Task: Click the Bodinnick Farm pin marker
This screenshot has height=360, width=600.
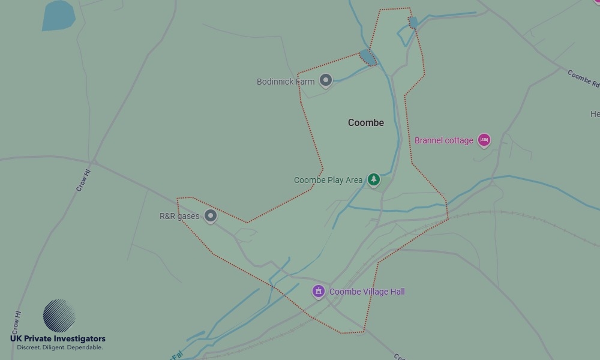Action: (325, 80)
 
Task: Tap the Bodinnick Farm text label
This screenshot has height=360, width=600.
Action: (286, 82)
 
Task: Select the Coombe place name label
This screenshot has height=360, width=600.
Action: (366, 122)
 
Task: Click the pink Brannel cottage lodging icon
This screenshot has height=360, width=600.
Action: (484, 140)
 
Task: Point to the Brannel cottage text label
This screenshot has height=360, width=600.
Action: (444, 140)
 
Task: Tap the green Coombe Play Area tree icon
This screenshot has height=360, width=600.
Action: (374, 179)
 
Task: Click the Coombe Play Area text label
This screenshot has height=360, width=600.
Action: (328, 180)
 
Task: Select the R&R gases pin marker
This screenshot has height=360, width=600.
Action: (210, 216)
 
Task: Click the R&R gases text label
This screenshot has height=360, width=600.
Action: (179, 216)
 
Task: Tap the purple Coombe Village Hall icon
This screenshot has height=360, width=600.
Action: (318, 292)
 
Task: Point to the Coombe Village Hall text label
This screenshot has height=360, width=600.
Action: (367, 292)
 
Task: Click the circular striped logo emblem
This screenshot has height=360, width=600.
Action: (59, 316)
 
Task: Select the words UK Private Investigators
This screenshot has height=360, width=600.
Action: (58, 339)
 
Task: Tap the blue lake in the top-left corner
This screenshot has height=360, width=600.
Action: (58, 15)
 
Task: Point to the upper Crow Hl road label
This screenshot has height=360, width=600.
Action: (83, 179)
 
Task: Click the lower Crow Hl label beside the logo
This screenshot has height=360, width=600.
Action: (16, 322)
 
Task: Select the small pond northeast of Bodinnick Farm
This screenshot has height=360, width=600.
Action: (367, 58)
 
